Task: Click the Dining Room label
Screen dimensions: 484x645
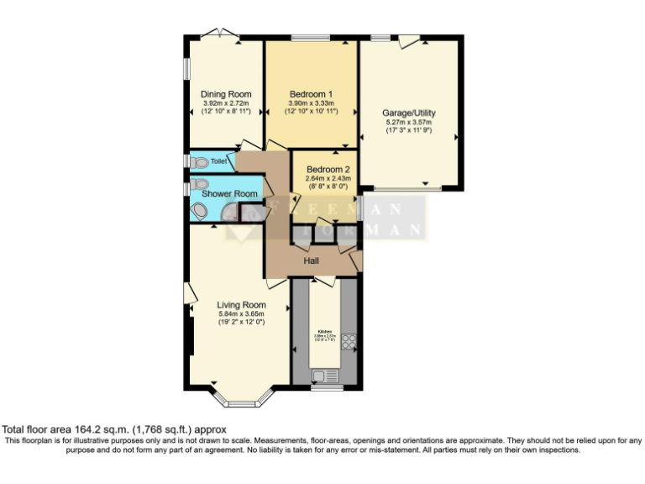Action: [x=226, y=94]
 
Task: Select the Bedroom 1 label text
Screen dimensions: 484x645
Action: [x=312, y=94]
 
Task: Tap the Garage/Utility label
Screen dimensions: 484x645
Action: [x=409, y=113]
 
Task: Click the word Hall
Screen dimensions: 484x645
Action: [x=311, y=260]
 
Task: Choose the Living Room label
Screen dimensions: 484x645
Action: [x=241, y=305]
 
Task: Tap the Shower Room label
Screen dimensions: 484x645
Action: [x=235, y=194]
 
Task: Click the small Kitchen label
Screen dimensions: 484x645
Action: [x=326, y=331]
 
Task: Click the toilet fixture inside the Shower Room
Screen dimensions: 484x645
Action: [x=198, y=184]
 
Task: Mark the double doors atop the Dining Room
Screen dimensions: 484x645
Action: [x=220, y=34]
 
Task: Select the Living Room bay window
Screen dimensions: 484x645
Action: [x=240, y=395]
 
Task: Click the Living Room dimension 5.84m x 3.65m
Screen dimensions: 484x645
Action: [x=241, y=314]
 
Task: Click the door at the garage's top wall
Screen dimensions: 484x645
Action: [x=408, y=39]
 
